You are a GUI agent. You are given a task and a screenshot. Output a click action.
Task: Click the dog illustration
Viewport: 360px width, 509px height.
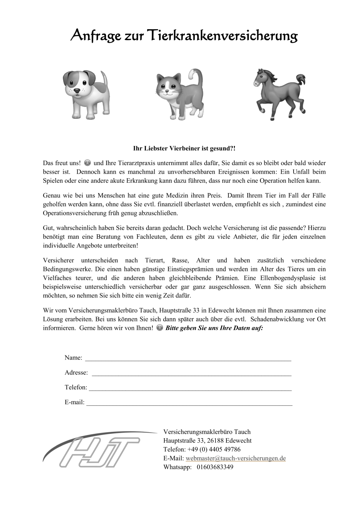click(85, 94)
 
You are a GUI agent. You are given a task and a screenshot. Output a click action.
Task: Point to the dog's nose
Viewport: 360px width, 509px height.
click(76, 91)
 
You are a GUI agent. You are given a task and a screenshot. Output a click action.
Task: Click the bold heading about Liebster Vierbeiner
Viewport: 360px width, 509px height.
click(184, 148)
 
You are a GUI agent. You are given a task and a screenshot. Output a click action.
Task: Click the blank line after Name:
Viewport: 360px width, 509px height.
click(188, 358)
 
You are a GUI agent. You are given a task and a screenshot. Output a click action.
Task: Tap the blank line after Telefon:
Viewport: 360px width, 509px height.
click(190, 388)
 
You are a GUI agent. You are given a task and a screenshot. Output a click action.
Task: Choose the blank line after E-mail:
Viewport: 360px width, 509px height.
click(189, 403)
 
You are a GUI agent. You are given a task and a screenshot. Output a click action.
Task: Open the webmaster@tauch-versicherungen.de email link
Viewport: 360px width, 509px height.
click(236, 458)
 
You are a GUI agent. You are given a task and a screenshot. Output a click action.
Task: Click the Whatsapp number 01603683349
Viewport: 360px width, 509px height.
click(215, 467)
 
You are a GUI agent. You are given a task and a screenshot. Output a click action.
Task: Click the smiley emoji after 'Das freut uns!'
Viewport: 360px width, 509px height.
click(87, 163)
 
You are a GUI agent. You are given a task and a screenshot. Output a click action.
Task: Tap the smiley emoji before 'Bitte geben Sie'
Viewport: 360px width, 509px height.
click(160, 328)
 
